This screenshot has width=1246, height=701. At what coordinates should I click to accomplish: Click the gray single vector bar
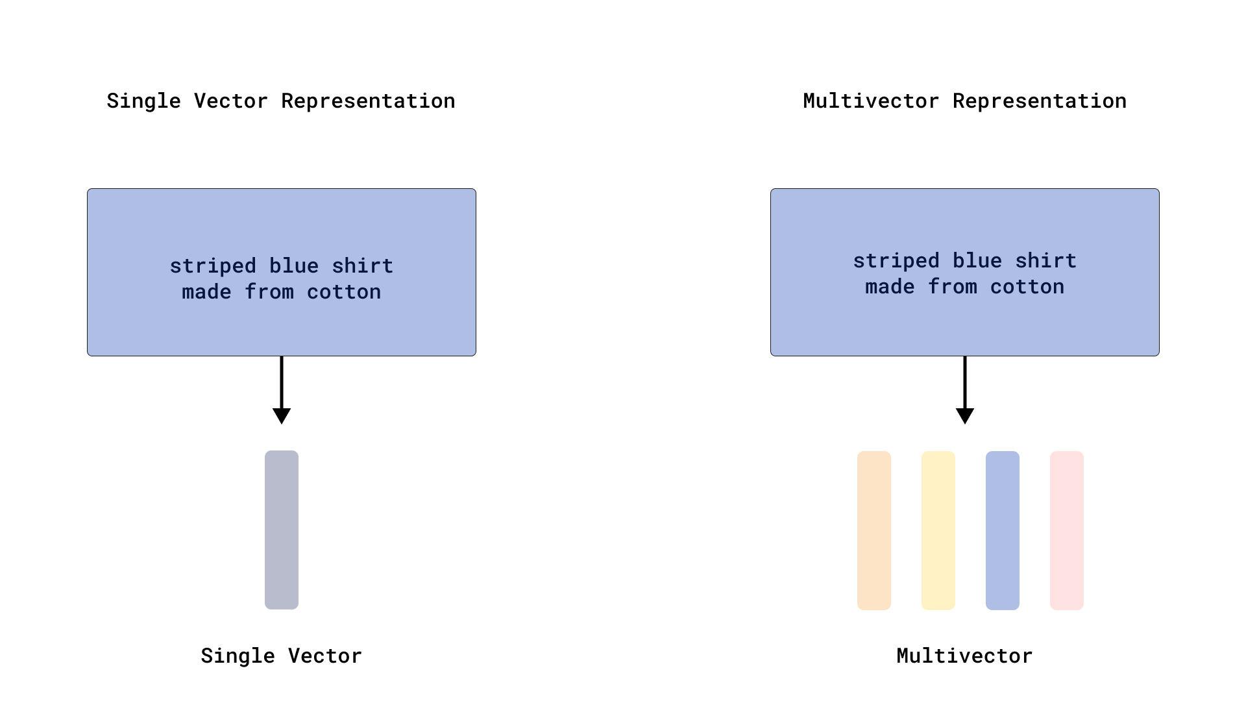click(x=282, y=530)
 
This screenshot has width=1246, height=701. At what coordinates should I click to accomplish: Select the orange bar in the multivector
click(x=873, y=530)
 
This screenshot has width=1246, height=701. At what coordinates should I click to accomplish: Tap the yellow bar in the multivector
click(x=938, y=530)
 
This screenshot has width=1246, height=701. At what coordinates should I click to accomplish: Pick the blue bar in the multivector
click(x=1002, y=530)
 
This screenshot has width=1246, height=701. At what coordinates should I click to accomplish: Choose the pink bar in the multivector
click(x=1066, y=530)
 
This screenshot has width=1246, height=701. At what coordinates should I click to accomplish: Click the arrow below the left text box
click(x=282, y=390)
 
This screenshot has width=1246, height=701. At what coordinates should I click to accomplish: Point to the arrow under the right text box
click(x=965, y=390)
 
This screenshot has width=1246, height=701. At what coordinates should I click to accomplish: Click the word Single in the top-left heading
click(x=143, y=101)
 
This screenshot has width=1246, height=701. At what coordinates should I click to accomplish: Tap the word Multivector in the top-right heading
click(x=871, y=101)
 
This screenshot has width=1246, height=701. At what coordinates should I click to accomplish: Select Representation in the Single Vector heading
click(x=368, y=101)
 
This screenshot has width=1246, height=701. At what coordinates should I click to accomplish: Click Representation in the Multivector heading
click(x=1039, y=101)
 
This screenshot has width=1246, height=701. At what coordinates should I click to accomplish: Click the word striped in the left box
click(x=213, y=266)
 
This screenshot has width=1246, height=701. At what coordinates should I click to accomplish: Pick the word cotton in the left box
click(x=344, y=292)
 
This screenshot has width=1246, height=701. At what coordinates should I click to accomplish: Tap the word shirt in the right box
click(x=1046, y=261)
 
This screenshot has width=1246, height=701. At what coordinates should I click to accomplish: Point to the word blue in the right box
click(x=977, y=261)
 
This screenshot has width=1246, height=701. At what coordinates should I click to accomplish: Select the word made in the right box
click(x=890, y=287)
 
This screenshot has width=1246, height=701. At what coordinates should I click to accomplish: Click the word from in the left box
click(x=269, y=292)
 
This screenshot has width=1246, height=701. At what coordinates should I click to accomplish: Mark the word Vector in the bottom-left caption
click(x=324, y=656)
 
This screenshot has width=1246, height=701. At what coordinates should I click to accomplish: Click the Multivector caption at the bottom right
click(x=964, y=656)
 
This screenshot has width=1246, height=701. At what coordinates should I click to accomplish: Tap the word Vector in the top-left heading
click(x=230, y=101)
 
